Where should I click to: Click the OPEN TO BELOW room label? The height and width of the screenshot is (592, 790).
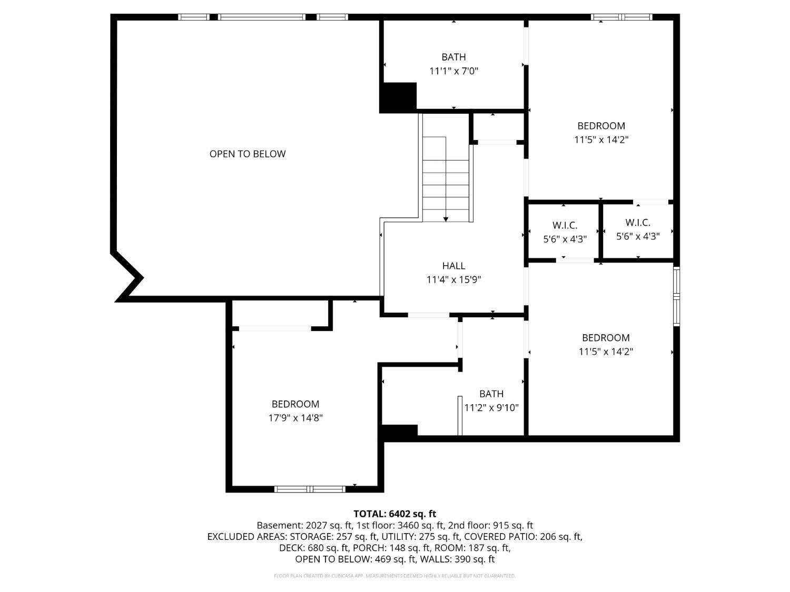(247, 154)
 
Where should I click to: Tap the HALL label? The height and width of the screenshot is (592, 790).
(453, 266)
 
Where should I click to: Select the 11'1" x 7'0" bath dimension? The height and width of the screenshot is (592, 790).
(453, 71)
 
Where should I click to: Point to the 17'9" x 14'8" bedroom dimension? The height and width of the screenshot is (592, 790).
(295, 418)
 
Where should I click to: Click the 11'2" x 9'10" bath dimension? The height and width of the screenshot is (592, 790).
(491, 408)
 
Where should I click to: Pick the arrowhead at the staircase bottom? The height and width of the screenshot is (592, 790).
(446, 219)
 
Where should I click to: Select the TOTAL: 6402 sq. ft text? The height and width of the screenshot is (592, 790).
(395, 514)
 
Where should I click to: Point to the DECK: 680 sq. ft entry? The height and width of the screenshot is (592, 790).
(314, 548)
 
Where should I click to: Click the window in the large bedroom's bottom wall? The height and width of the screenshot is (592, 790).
(310, 489)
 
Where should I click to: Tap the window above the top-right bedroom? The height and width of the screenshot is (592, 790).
(621, 17)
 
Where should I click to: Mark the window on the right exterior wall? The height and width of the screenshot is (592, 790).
(677, 297)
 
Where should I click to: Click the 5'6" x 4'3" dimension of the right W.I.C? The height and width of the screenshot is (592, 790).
(638, 236)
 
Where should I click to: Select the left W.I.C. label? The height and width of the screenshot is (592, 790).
(565, 225)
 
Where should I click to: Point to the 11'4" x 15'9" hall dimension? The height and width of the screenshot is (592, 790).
(453, 279)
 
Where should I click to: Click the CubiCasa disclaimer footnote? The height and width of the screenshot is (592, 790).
(395, 576)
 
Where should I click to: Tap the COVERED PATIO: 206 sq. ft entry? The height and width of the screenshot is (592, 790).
(523, 537)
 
